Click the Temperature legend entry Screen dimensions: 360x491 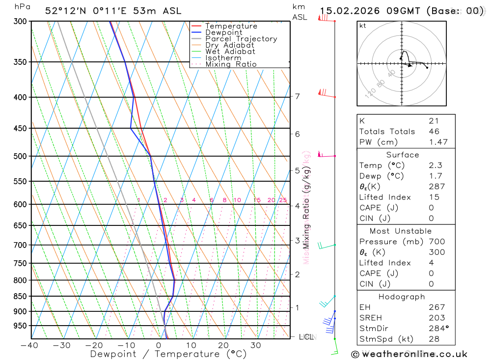231,26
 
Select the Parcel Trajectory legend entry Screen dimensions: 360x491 241,39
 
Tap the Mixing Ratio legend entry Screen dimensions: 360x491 231,64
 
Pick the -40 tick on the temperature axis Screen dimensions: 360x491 29,345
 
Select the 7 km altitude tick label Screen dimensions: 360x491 297,96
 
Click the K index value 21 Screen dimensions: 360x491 434,121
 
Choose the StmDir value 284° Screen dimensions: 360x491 438,328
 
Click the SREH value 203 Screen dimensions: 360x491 436,318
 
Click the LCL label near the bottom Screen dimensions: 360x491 307,337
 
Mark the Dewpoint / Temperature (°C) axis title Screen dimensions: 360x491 168,354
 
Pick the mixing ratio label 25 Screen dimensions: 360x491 283,200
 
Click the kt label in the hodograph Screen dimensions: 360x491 363,26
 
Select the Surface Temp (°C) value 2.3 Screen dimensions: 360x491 435,166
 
